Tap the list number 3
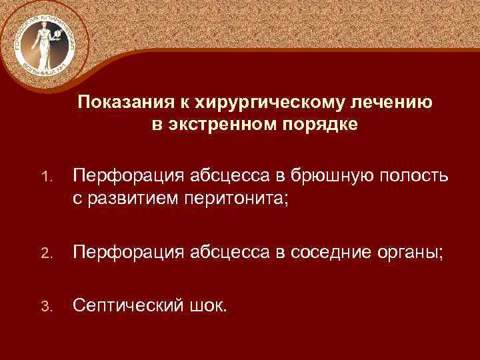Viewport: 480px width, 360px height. (45, 307)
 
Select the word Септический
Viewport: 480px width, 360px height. (127, 306)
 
